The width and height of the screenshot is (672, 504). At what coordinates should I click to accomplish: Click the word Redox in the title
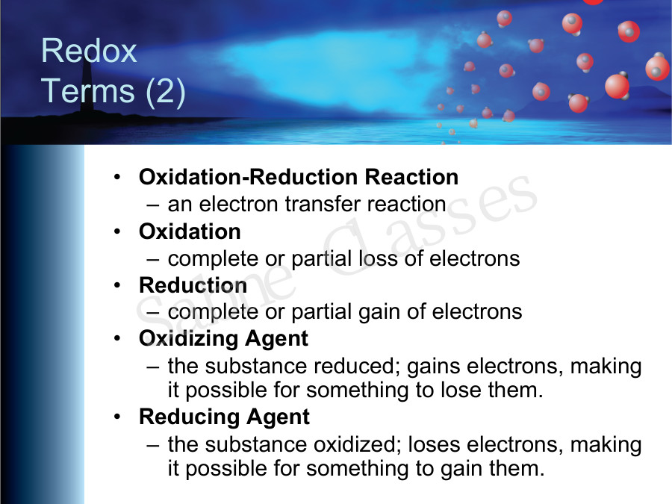click(90, 52)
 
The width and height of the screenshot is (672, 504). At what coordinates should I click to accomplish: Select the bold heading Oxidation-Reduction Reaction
click(299, 178)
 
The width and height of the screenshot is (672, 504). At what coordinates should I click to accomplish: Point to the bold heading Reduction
click(193, 285)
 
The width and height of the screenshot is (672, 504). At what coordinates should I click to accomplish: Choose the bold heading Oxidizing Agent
click(223, 338)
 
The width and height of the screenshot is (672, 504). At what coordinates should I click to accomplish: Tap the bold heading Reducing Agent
click(224, 417)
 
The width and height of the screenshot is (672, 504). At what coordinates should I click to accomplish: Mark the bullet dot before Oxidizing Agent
click(118, 339)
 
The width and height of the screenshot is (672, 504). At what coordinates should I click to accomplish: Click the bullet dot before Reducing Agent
click(118, 417)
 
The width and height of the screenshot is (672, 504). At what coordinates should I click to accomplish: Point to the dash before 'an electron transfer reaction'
click(153, 205)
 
